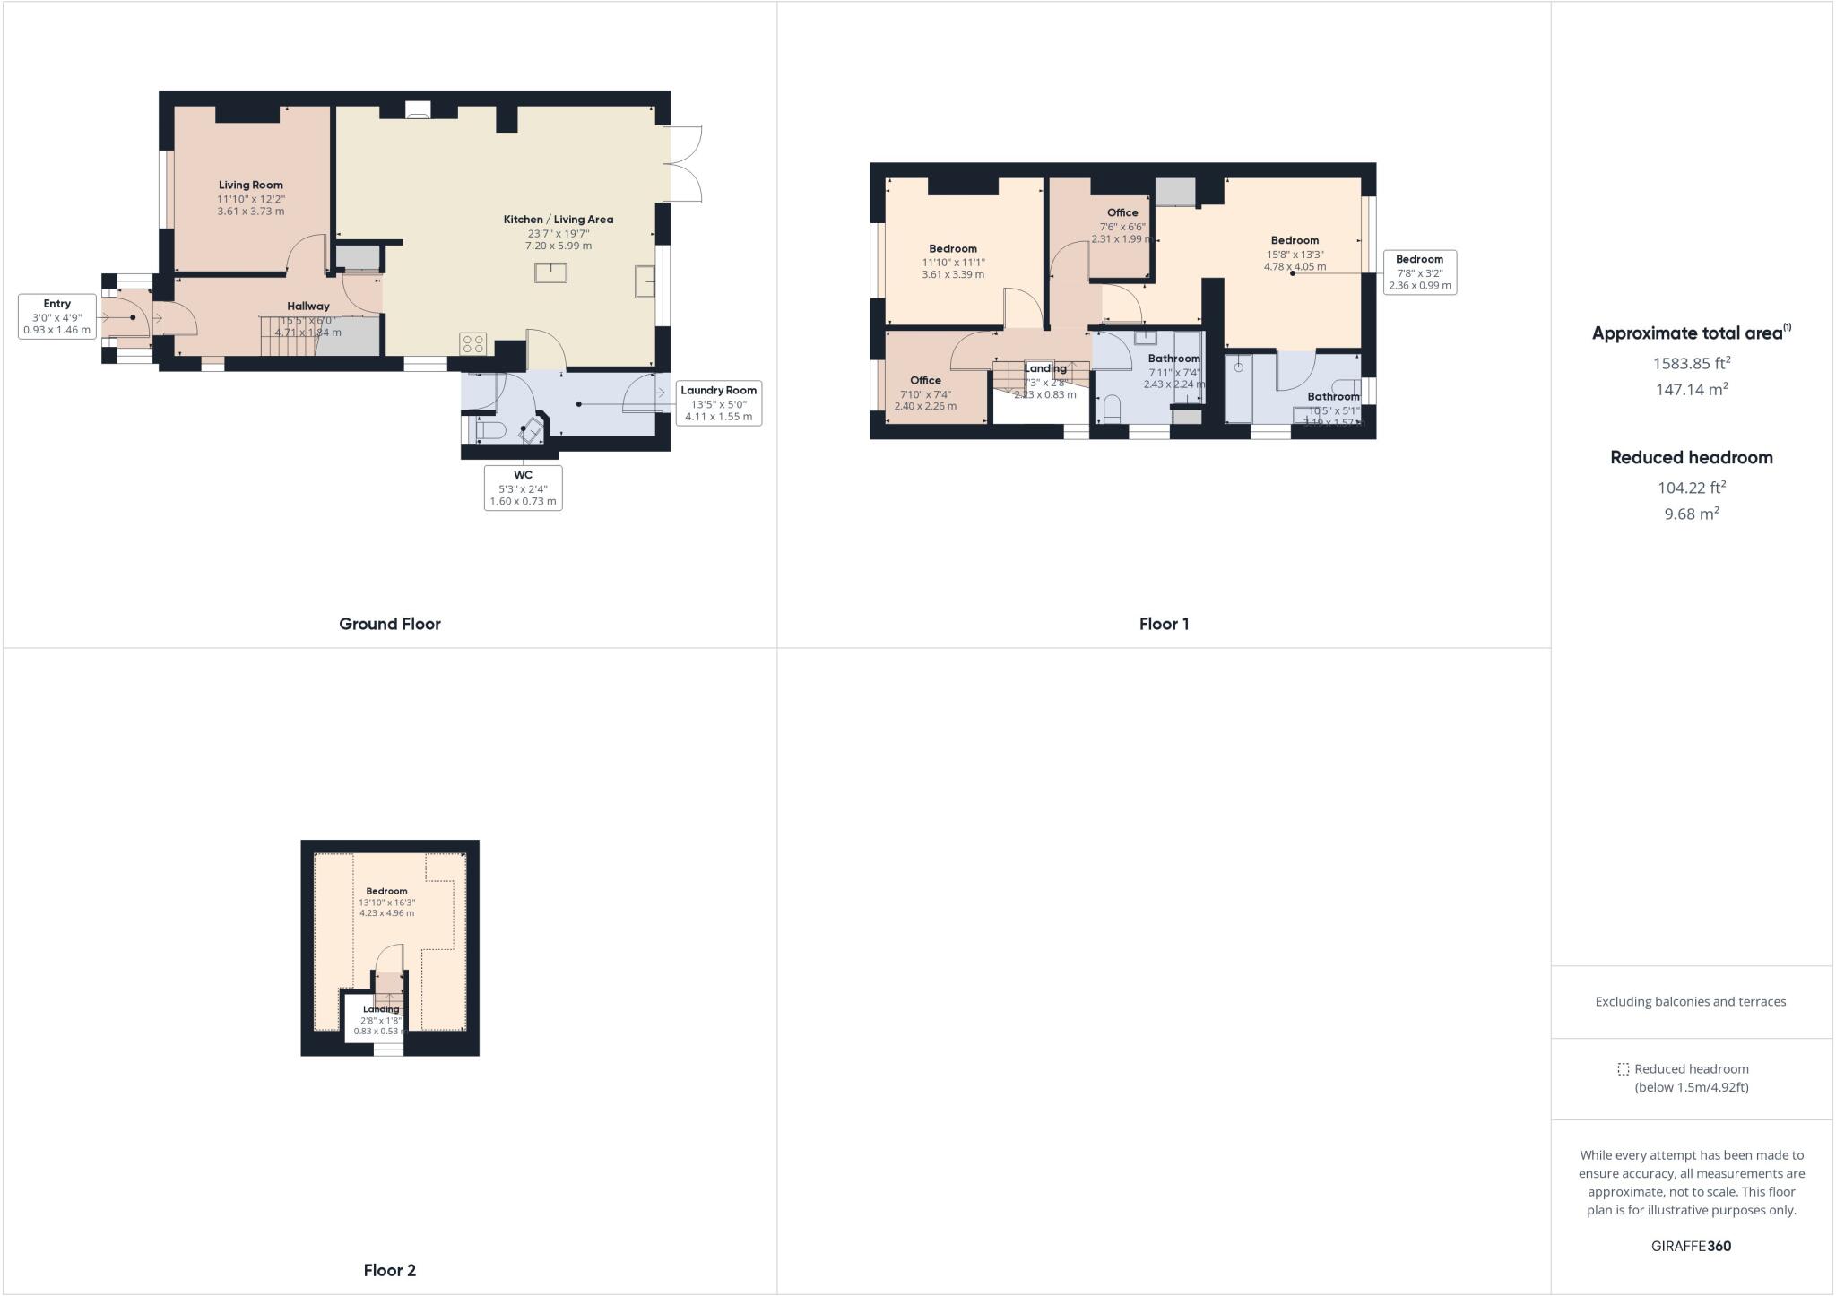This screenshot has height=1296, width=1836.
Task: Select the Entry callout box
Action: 56,316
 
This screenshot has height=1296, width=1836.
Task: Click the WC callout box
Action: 523,488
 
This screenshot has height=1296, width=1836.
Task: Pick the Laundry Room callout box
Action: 718,403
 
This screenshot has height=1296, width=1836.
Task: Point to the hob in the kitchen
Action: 472,343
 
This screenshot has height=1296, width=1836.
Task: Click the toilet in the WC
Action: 489,431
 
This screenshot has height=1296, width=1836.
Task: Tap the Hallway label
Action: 307,307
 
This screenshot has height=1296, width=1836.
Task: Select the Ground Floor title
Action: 389,624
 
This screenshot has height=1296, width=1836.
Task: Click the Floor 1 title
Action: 1164,624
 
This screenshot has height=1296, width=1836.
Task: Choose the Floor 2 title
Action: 389,1270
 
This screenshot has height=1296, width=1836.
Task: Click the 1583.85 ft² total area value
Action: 1691,363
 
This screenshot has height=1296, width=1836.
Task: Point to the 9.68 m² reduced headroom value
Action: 1691,514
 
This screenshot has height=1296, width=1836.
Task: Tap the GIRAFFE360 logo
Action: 1691,1246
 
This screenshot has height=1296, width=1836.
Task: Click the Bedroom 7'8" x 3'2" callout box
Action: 1419,272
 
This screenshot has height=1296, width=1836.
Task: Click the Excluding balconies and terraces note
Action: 1690,1001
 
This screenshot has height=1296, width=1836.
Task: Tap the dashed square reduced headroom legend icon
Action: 1623,1069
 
